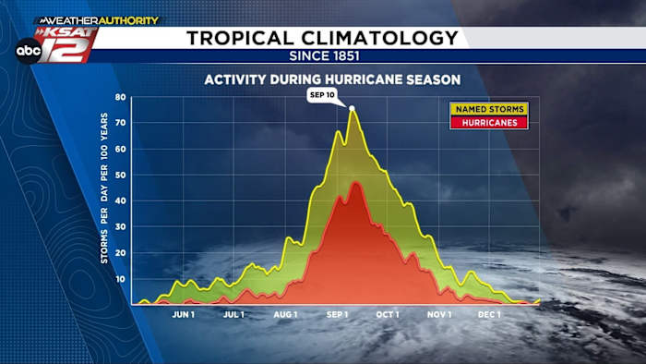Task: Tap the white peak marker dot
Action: coord(352,108)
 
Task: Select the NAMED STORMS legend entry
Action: coord(488,109)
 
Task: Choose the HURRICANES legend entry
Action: coord(488,122)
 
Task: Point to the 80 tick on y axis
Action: coord(120,97)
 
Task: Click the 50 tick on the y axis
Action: coord(120,175)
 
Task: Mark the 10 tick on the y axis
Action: coord(120,279)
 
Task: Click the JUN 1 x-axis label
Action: coord(184,314)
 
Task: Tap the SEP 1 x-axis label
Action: coord(338,314)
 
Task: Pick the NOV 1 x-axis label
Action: coord(440,314)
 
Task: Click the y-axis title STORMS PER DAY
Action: coord(104,188)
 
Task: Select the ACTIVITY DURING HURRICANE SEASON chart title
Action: coord(332,79)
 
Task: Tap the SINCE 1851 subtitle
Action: coord(322,55)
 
